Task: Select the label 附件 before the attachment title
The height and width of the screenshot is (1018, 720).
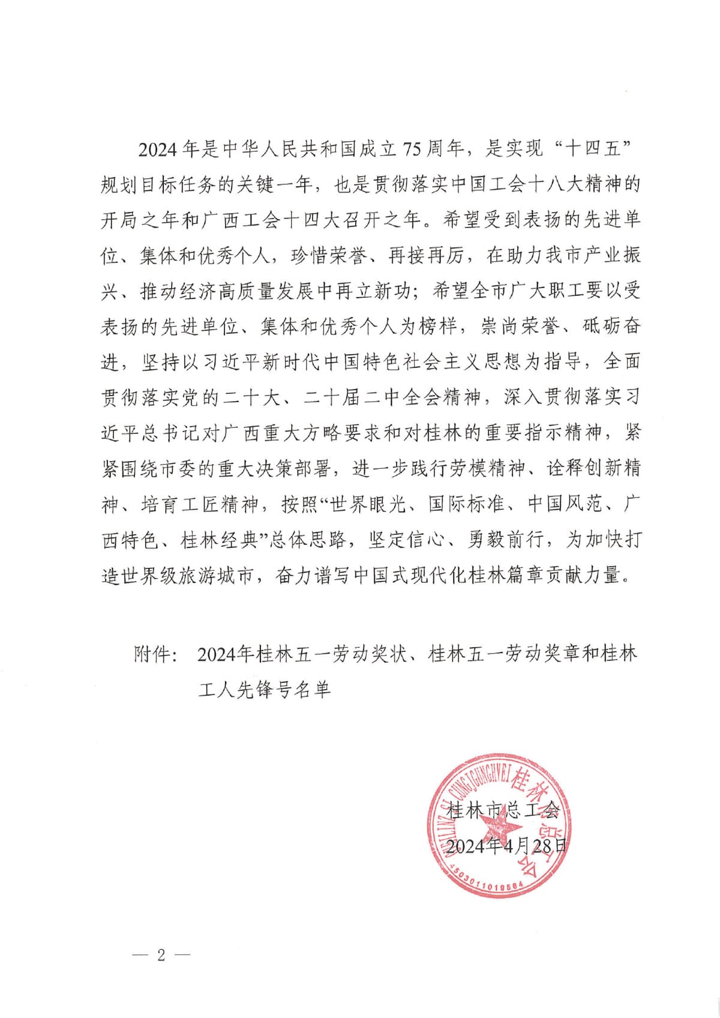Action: point(150,654)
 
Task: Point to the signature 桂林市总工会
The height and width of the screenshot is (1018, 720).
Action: point(504,810)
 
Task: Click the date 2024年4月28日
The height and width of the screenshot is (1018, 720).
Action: point(506,845)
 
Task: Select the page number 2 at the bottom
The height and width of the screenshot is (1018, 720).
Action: point(160,955)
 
